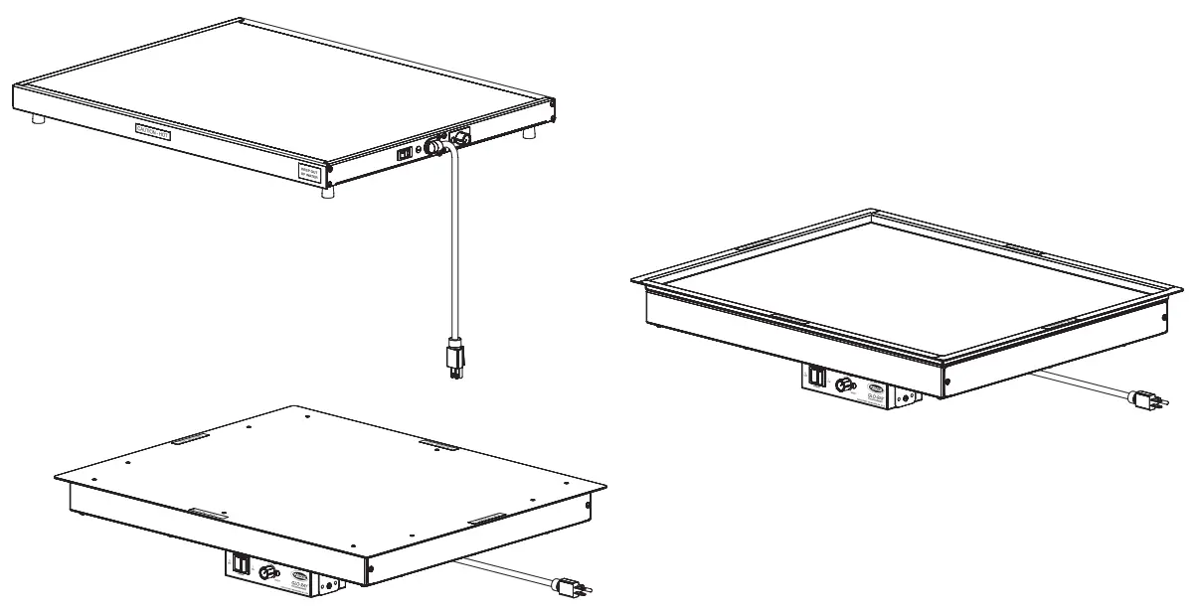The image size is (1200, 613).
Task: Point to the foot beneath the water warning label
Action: pyautogui.click(x=327, y=193)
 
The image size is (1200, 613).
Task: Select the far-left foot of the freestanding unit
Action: pyautogui.click(x=38, y=119)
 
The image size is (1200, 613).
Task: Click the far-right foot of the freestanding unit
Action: pyautogui.click(x=530, y=131)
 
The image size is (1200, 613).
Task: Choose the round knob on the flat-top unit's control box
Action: pyautogui.click(x=266, y=572)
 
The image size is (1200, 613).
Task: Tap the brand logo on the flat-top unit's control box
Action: pyautogui.click(x=301, y=576)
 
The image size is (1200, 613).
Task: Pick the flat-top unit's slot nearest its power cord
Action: pyautogui.click(x=486, y=519)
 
